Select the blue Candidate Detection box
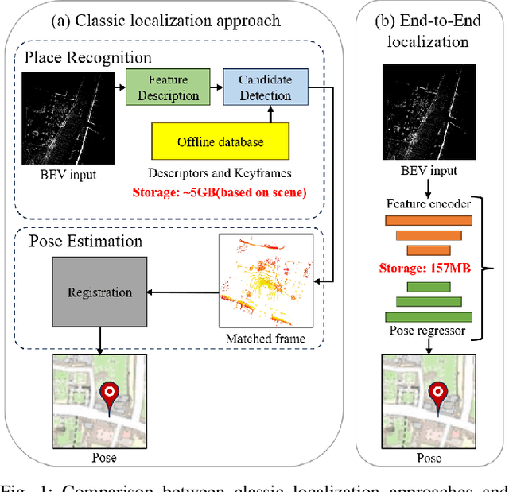click(x=257, y=88)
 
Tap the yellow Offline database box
click(x=220, y=143)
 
